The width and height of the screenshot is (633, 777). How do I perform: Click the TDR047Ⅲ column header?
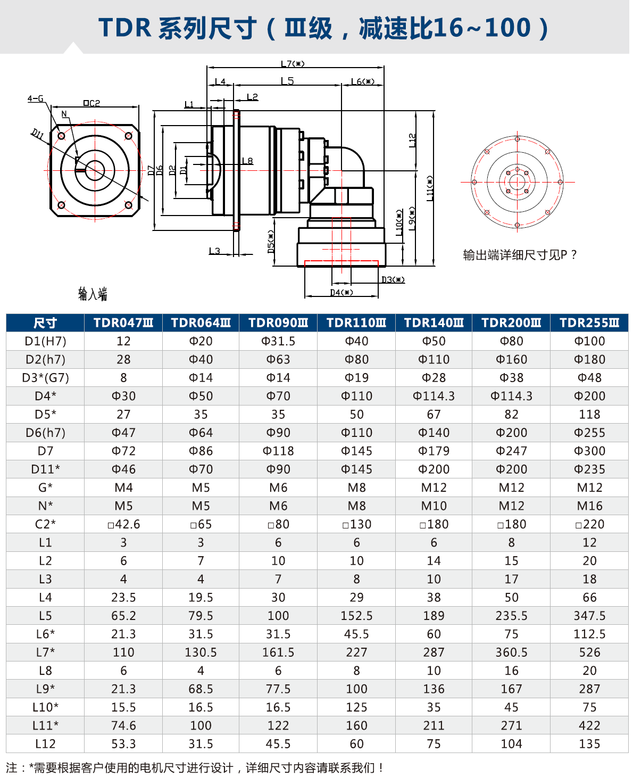(x=123, y=323)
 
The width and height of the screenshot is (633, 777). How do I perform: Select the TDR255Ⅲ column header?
(x=589, y=323)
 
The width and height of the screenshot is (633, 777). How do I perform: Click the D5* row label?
(x=45, y=414)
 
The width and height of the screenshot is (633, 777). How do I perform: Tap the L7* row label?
(x=45, y=652)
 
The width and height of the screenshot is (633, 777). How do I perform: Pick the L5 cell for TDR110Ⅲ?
(x=356, y=616)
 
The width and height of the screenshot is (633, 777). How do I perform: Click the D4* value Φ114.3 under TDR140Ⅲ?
(x=434, y=396)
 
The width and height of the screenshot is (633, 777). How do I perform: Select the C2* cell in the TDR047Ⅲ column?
(x=123, y=524)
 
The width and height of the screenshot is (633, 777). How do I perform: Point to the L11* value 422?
(x=589, y=725)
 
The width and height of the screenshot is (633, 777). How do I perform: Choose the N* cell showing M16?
(x=589, y=506)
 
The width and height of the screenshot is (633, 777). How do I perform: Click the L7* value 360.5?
(x=511, y=652)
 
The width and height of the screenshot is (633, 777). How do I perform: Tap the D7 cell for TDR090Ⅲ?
(x=278, y=451)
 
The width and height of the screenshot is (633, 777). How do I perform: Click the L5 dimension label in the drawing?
(x=287, y=81)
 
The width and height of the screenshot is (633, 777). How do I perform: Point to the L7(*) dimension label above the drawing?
(x=293, y=64)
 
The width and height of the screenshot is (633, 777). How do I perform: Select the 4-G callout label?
(x=36, y=98)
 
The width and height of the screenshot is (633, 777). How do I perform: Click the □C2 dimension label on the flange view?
(x=91, y=103)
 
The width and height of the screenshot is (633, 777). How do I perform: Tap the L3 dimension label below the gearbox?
(x=214, y=251)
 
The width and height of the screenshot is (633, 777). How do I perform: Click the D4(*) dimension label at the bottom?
(x=341, y=292)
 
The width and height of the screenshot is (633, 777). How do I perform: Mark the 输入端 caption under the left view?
(x=93, y=294)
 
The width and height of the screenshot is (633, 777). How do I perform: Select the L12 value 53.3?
(x=123, y=743)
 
